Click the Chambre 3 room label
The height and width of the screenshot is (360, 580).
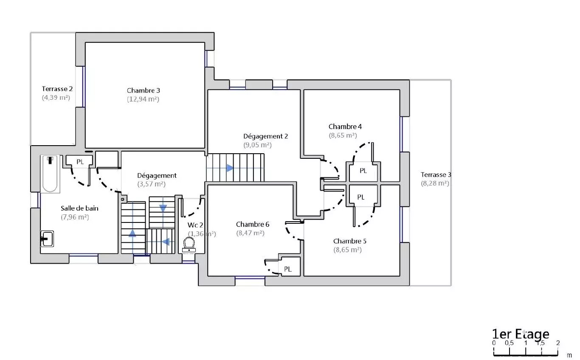pos(143,90)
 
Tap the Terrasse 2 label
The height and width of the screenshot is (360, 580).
pos(57,89)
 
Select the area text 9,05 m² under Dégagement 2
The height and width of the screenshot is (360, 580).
pos(257,145)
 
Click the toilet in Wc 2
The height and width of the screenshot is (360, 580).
pos(189,245)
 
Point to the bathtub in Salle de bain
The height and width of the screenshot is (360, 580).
pos(50,174)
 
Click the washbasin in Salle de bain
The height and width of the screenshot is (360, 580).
pos(47,239)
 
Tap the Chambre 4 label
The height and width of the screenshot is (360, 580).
pos(345,127)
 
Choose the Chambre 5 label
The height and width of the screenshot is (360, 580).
pos(349,241)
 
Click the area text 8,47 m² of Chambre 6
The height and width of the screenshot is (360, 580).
pos(250,233)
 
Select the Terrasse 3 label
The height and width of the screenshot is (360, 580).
pos(436,175)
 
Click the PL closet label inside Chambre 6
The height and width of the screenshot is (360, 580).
pos(288,269)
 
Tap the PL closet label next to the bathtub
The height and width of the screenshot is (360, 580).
pos(80,162)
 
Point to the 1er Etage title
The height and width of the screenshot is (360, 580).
pos(521,334)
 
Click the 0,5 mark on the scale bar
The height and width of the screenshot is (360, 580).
pos(509,343)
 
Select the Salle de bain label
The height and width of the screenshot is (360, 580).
pos(79,208)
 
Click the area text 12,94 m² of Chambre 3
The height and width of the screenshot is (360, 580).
pos(143,99)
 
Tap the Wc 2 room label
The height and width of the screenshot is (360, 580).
pos(195,225)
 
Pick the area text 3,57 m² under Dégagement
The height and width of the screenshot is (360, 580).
pos(151,184)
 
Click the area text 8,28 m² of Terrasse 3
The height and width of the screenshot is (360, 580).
pos(435,183)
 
